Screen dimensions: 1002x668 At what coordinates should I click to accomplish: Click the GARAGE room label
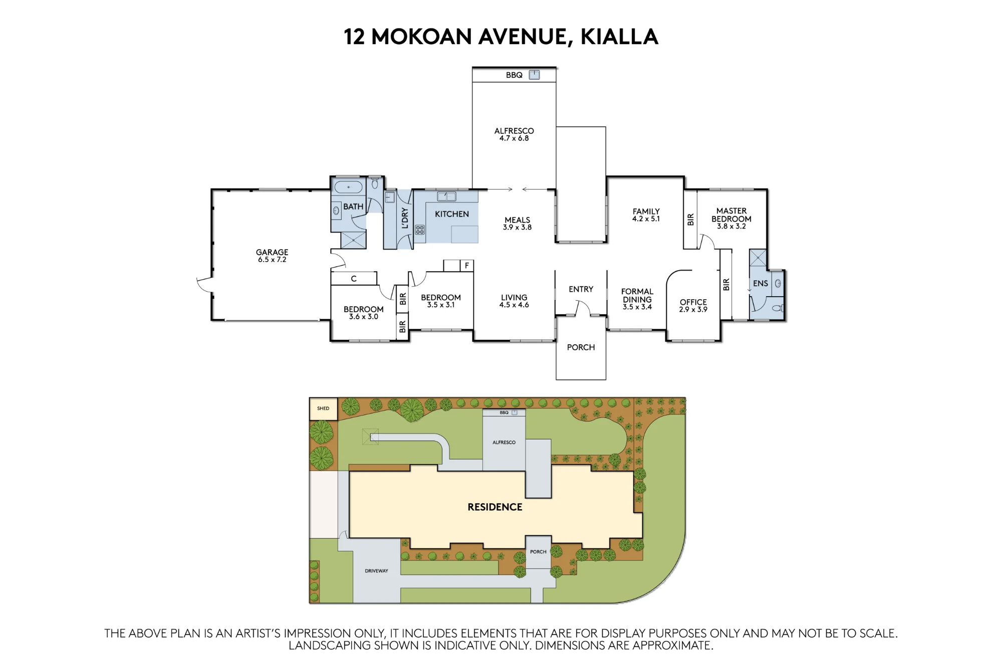click(x=272, y=252)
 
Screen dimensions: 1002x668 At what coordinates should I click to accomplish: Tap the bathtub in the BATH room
click(x=348, y=187)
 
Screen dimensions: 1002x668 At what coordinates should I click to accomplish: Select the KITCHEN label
click(x=452, y=214)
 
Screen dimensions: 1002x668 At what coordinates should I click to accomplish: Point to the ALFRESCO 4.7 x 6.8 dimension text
click(x=514, y=138)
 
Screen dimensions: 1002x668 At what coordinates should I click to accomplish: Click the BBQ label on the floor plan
click(x=514, y=75)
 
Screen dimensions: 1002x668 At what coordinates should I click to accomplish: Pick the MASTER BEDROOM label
click(x=731, y=215)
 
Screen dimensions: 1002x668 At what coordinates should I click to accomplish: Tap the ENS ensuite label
click(x=761, y=283)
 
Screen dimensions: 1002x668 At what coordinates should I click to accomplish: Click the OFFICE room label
click(x=693, y=302)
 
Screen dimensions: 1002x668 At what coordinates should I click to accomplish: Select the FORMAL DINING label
click(x=637, y=296)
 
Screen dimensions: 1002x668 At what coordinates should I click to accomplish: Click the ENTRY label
click(x=581, y=289)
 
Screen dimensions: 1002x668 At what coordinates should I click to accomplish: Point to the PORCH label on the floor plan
click(x=581, y=347)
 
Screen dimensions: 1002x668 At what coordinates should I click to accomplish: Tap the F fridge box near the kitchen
click(x=466, y=266)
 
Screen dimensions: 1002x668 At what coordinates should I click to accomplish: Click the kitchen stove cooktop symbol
click(x=420, y=230)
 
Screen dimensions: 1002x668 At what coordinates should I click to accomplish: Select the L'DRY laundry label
click(x=405, y=218)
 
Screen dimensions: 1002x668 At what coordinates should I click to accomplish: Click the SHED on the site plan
click(x=323, y=408)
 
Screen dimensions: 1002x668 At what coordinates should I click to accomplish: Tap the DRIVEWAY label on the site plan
click(x=376, y=571)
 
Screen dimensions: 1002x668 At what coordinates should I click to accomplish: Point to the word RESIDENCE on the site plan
click(x=495, y=507)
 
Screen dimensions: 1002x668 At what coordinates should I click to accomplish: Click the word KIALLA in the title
click(x=619, y=37)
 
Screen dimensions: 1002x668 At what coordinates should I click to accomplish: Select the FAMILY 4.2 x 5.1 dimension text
click(x=646, y=219)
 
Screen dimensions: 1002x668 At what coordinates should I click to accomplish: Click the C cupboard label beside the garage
click(x=354, y=279)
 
